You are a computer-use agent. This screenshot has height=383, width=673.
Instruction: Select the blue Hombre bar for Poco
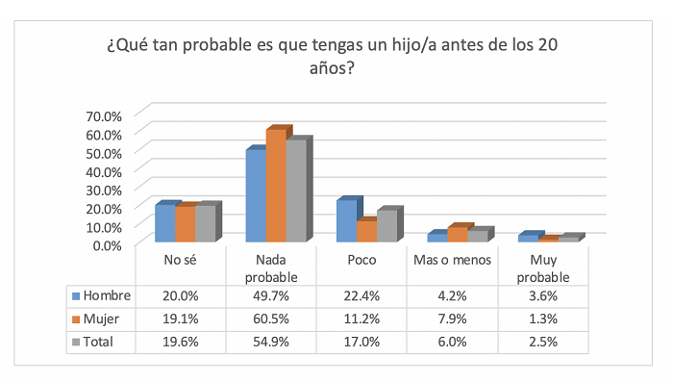346,221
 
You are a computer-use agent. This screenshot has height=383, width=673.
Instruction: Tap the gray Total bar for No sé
205,223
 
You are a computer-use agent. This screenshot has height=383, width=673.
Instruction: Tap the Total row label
98,342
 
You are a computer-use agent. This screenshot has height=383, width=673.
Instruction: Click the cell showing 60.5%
272,319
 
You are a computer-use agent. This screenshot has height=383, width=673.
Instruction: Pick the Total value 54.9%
272,342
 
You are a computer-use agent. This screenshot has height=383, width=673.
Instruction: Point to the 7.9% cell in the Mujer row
452,319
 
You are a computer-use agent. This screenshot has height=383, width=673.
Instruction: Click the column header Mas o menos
452,260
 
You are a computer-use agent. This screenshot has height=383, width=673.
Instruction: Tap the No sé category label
181,260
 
